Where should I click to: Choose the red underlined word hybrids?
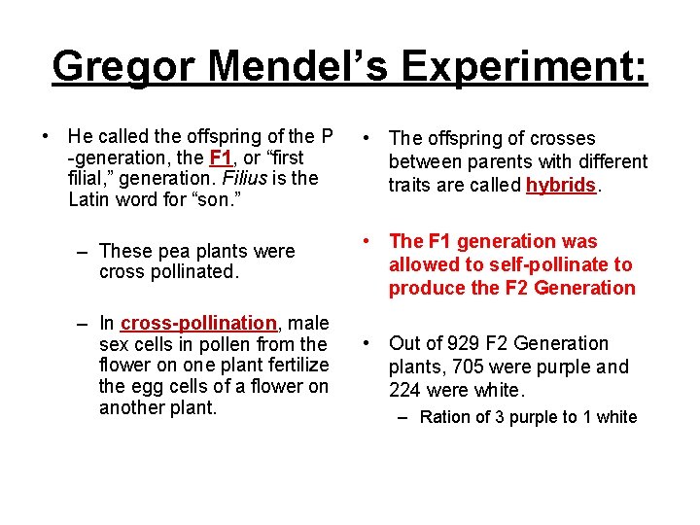(x=561, y=185)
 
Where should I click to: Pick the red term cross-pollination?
(x=198, y=323)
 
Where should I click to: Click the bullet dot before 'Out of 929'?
(x=365, y=343)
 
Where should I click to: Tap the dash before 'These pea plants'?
(x=85, y=251)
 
